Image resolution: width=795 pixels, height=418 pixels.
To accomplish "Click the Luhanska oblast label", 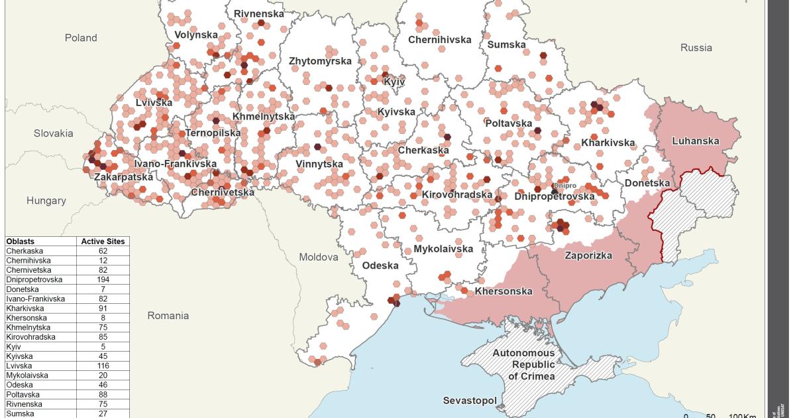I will click(695, 141).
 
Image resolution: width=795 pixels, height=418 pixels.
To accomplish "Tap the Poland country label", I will click(81, 38).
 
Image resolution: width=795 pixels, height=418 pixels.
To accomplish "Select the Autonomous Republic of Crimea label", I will click(523, 364).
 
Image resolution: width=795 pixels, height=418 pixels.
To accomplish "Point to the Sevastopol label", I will click(470, 401).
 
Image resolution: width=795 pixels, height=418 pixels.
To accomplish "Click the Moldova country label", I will click(318, 257).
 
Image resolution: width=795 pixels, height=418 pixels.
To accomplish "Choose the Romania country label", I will click(168, 316).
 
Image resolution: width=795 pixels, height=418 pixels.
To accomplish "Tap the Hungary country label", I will click(46, 200).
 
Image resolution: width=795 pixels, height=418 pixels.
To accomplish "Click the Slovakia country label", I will click(54, 133).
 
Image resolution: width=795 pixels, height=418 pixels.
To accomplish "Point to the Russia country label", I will click(696, 48).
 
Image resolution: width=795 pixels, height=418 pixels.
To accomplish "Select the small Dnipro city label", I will click(565, 186).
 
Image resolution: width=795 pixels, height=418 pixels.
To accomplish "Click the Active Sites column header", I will click(103, 242).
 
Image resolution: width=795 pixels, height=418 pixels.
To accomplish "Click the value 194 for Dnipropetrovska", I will click(103, 280).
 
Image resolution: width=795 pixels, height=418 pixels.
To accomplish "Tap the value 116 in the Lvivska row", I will click(103, 366).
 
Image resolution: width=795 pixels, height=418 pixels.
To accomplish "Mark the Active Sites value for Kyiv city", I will click(103, 347).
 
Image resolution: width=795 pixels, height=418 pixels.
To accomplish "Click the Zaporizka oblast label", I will click(588, 255).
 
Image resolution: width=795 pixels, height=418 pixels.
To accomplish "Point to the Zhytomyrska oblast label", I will click(320, 61).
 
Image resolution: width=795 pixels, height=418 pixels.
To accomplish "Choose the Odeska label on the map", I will click(380, 265).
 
